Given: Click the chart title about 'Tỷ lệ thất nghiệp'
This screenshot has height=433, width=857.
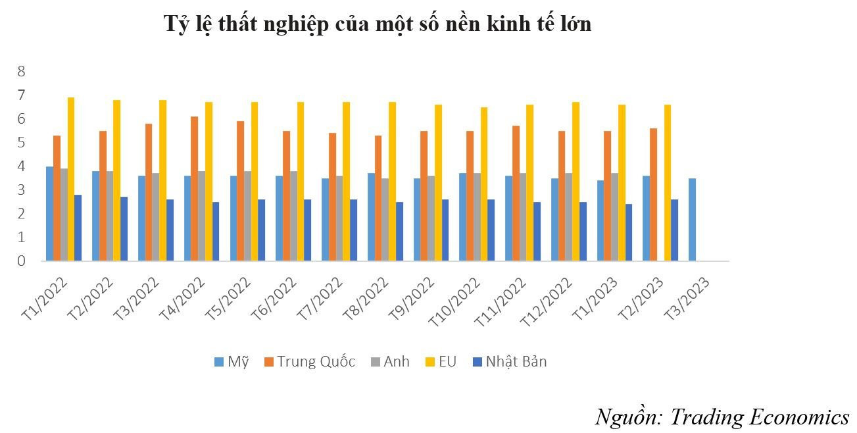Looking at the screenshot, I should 378,24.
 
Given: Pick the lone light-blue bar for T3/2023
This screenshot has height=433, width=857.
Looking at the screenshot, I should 693,220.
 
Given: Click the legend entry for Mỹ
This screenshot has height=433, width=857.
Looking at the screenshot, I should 232,361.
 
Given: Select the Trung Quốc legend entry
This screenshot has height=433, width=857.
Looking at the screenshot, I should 309,361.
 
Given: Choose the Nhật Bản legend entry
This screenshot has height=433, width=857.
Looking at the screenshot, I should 510,361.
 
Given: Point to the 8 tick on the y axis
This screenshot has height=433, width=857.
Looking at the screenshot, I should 21,71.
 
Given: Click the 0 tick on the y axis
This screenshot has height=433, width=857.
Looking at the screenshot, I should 21,261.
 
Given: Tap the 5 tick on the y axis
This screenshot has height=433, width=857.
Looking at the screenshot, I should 21,143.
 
